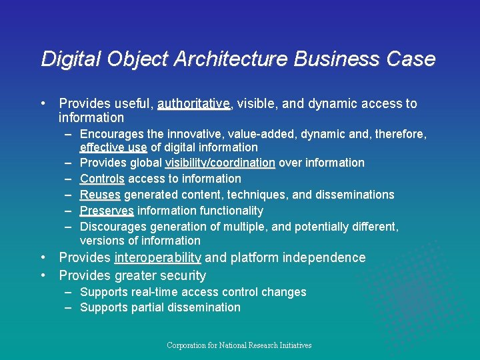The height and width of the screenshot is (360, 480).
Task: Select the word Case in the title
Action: [x=413, y=59]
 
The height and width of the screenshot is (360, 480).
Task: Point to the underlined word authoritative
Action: [x=193, y=104]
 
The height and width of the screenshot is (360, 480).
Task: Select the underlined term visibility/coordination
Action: [x=220, y=163]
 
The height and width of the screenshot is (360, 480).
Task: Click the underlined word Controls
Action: [x=102, y=179]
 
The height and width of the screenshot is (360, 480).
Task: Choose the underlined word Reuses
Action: [x=100, y=195]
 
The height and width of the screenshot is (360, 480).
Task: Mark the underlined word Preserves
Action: [x=107, y=211]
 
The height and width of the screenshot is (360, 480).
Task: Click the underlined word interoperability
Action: [x=158, y=258]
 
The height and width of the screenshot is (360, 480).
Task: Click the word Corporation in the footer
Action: [x=186, y=345]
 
